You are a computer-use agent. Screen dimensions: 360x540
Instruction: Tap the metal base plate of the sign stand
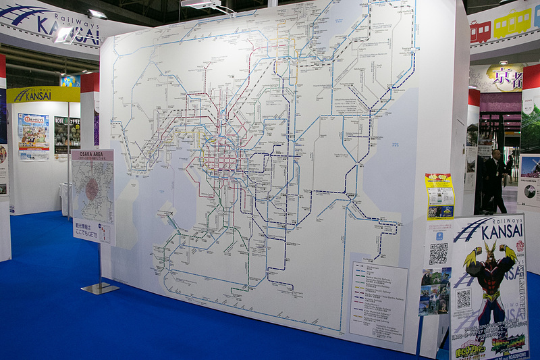tap(100, 288)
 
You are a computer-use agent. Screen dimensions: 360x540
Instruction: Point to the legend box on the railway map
tap(378, 301)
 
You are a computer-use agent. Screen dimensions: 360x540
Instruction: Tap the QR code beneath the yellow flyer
tap(438, 253)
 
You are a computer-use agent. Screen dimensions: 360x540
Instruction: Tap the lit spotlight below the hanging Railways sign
tap(64, 34)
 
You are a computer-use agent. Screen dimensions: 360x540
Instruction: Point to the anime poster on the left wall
tap(33, 136)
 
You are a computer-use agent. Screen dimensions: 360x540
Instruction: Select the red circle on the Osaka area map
tap(92, 190)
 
